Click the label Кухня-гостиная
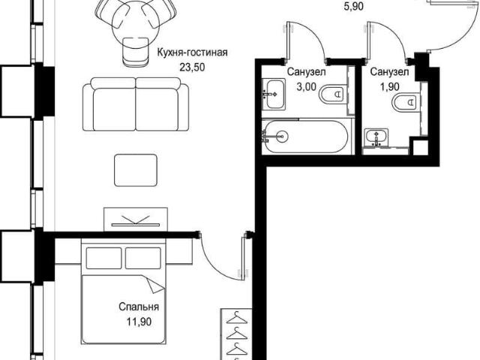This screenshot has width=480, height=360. pos(192,52)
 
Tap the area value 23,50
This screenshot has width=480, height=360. pos(192,67)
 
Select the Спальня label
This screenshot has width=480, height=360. pos(139,307)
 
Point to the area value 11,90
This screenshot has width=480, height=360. pos(139,322)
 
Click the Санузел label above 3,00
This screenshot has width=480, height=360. pos(306,72)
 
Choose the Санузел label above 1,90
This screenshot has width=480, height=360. pos(389,72)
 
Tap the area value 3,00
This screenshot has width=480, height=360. pos(306,87)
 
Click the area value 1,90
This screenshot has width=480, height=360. pos(390,87)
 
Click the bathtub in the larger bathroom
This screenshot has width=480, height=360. pos(306,136)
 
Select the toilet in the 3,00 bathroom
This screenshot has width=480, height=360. pos(331,94)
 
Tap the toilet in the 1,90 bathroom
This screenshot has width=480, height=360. pos(404,102)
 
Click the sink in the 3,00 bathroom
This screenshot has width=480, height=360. pos(274,94)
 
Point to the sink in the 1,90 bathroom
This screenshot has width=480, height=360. pos(376,137)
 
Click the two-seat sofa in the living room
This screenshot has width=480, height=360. pos(136,104)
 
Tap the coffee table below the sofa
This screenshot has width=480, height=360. pos(136,170)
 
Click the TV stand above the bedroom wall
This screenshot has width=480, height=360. pos(136,220)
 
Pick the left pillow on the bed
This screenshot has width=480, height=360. pos(103,258)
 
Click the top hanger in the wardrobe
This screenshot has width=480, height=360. pos(236,318)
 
